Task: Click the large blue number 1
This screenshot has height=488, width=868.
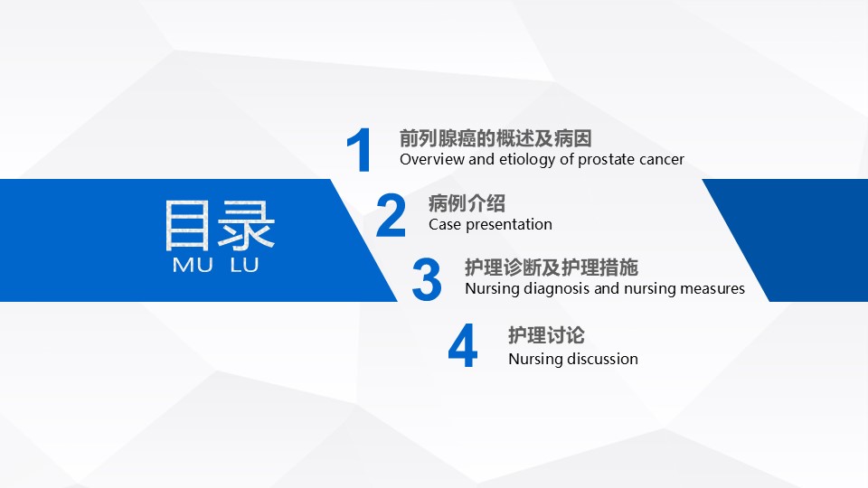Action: (x=360, y=150)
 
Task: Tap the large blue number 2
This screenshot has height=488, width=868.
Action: (x=391, y=215)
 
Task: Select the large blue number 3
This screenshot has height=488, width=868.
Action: (x=427, y=279)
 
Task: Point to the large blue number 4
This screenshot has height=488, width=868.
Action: (x=463, y=345)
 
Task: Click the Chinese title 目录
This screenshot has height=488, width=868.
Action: (x=220, y=225)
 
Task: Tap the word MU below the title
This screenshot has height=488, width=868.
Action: (x=193, y=265)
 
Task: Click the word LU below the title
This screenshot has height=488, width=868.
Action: (x=244, y=265)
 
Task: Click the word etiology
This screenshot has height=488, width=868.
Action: (x=527, y=160)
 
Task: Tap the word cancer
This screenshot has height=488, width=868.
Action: (x=662, y=160)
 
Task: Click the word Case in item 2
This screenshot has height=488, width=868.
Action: (x=445, y=224)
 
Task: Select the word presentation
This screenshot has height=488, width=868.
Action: (x=509, y=225)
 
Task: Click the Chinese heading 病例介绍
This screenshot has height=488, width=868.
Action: (x=467, y=203)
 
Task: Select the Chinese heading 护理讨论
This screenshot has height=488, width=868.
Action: (x=546, y=334)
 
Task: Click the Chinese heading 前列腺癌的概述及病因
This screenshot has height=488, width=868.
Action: (x=495, y=138)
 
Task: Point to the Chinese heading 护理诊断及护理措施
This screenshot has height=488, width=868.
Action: (x=552, y=267)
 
